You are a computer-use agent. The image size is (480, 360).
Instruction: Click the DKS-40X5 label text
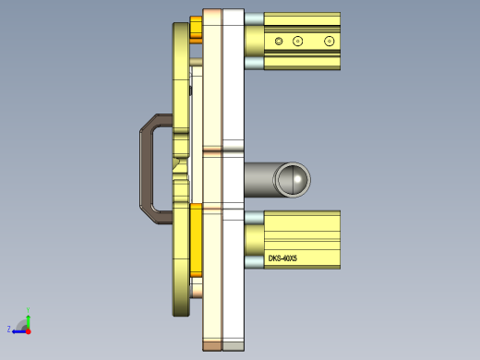pos(282,259)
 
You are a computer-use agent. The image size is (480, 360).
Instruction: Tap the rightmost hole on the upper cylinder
pos(329,41)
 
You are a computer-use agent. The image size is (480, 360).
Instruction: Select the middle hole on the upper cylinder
pos(297,41)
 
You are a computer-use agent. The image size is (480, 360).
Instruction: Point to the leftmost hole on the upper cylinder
pos(279,41)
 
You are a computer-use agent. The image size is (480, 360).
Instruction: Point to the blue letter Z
pos(9,329)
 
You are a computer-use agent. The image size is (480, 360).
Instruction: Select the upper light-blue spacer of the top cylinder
pos(254,19)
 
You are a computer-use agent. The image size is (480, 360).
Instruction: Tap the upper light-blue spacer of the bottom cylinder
pos(254,217)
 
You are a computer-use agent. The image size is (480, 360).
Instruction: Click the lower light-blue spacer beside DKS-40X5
pos(254,261)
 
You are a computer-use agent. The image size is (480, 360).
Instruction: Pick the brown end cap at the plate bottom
pos(212,346)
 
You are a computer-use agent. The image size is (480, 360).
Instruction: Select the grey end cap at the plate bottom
pos(234,346)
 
